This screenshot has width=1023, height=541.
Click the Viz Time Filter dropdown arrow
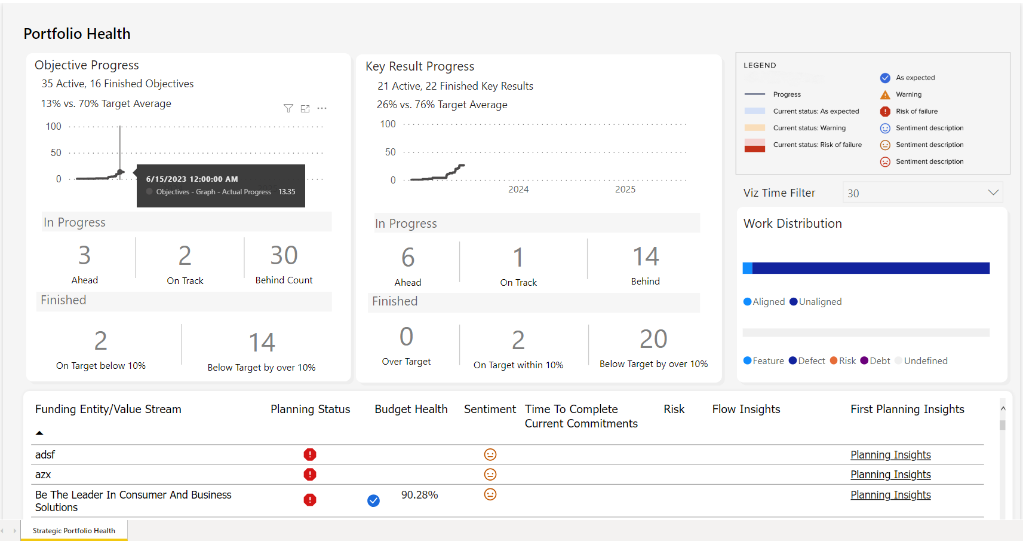tap(993, 192)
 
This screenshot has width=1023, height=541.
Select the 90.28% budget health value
tap(419, 495)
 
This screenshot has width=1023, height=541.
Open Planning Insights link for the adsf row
tap(890, 455)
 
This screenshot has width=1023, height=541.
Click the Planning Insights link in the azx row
tap(890, 475)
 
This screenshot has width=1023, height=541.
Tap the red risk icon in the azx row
tap(309, 475)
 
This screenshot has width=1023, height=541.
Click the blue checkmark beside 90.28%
tap(373, 500)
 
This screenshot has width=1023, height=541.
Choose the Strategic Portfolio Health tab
tap(74, 531)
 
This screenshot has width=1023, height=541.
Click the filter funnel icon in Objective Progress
tap(288, 108)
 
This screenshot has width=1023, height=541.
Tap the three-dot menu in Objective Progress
tap(322, 108)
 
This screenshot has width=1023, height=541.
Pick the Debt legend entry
tap(875, 361)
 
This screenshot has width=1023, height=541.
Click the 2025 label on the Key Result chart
tap(625, 189)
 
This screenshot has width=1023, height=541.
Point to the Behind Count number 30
tap(284, 256)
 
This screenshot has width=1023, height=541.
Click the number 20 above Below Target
tap(653, 339)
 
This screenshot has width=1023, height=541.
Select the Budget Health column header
tap(411, 409)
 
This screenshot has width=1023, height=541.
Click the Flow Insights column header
tap(746, 409)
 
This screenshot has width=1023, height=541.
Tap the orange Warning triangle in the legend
tap(885, 94)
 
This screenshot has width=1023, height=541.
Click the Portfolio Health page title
tap(77, 34)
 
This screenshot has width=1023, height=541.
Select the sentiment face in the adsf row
tap(490, 455)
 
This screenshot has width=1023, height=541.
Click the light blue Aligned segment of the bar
tap(747, 268)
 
